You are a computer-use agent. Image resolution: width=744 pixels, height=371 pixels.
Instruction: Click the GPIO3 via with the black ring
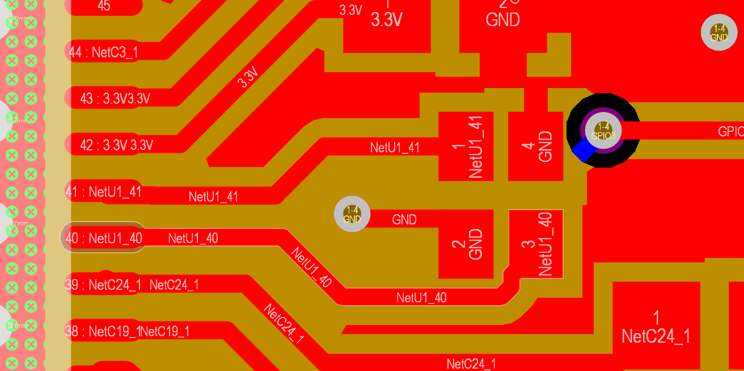[603, 131]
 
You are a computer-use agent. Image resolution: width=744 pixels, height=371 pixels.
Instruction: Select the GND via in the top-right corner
[718, 33]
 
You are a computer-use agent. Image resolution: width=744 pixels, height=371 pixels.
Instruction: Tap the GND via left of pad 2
[352, 214]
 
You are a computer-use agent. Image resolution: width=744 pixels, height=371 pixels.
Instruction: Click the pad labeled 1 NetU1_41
[466, 146]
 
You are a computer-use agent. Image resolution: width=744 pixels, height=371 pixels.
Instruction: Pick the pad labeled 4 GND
[535, 146]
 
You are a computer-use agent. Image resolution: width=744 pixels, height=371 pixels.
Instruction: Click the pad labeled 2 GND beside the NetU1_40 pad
[466, 244]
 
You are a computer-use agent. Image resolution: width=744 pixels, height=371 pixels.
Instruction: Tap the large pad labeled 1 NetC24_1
[656, 326]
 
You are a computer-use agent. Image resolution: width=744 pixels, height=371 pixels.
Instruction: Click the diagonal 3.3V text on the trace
[248, 77]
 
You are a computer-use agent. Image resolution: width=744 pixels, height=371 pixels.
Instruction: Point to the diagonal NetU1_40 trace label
[311, 267]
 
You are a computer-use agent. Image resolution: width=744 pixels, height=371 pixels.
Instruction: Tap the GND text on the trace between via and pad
[404, 219]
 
